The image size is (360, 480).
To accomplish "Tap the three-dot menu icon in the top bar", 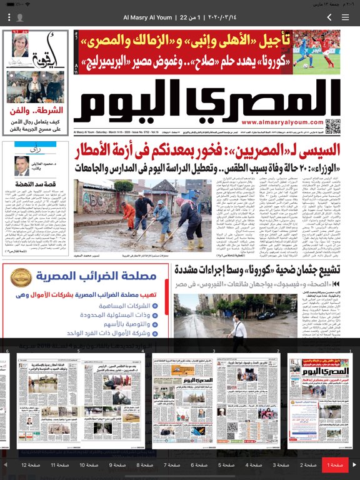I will (x=9, y=17).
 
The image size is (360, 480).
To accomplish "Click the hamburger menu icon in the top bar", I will (x=346, y=17).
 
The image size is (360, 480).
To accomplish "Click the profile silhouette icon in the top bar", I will (x=20, y=17).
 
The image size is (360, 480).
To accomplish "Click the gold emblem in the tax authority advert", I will (x=22, y=277).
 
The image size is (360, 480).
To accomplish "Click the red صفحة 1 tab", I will (x=335, y=465).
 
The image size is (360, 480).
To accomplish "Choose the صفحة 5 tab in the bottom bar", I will (x=226, y=465).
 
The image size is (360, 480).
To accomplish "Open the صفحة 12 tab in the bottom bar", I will (x=31, y=465).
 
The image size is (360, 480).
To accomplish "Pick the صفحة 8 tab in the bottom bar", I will (x=145, y=465).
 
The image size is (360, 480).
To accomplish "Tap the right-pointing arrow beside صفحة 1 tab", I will (x=354, y=465).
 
